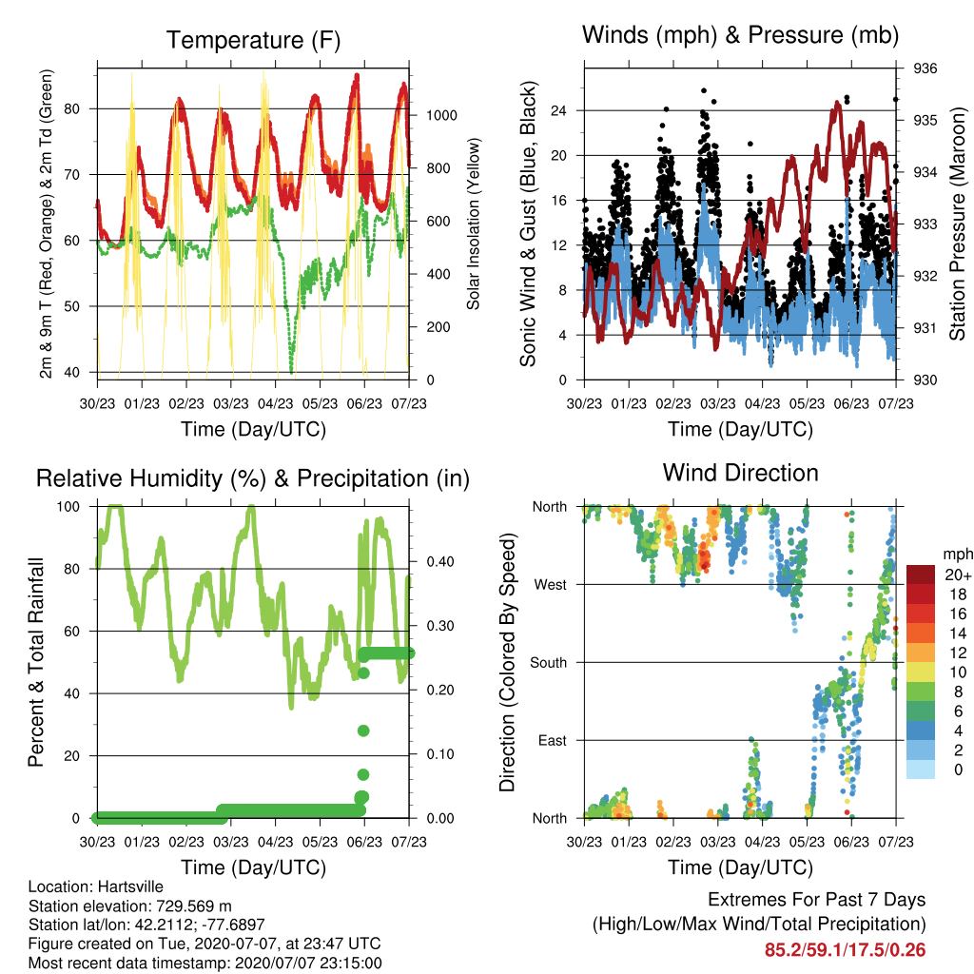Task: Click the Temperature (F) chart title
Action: tap(253, 40)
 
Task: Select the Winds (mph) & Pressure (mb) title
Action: tap(740, 35)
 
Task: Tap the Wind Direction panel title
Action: tap(740, 473)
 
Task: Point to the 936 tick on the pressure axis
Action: tap(925, 68)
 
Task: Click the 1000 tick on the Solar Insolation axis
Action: tap(441, 115)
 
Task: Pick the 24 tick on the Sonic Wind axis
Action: tap(558, 110)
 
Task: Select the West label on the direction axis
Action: tap(550, 585)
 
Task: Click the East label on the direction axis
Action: tap(553, 740)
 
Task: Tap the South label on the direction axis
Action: tap(548, 663)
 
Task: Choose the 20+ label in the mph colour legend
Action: tap(958, 575)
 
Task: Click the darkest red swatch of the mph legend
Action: tap(921, 575)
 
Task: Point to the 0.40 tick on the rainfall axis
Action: tap(439, 561)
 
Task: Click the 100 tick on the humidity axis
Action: tap(68, 507)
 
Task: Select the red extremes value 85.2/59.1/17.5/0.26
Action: tap(845, 950)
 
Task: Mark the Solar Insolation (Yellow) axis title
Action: tap(474, 224)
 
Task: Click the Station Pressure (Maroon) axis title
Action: tap(957, 224)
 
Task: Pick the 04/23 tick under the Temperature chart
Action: tap(275, 403)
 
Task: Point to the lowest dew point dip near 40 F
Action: tap(291, 372)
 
